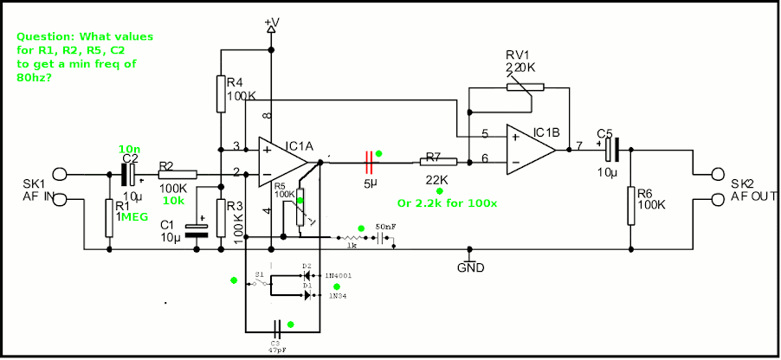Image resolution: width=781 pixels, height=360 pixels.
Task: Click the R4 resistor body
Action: pos(221,93)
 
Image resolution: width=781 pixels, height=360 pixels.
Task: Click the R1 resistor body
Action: pos(109,216)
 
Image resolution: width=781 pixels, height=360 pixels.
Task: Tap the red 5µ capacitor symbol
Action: pos(370,159)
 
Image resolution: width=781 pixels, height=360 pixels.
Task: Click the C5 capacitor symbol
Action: pos(611,151)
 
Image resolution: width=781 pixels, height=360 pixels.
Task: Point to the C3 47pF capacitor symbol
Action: pos(277,331)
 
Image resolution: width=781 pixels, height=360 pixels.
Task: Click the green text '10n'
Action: pos(129,149)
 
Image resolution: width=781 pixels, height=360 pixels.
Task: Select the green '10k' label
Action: pos(173,200)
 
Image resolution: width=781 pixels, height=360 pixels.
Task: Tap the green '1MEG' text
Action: pos(135,218)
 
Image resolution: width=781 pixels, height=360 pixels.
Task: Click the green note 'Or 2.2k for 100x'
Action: pos(447,203)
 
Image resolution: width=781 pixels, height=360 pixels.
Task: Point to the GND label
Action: pos(470,267)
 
